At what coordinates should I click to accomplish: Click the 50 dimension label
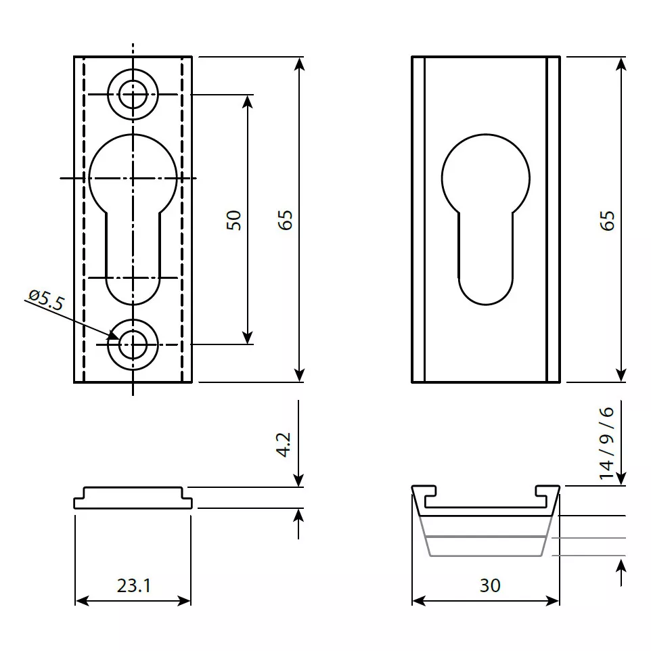pyautogui.click(x=234, y=220)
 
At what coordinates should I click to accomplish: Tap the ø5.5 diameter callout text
pyautogui.click(x=47, y=300)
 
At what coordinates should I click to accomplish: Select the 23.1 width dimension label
pyautogui.click(x=134, y=585)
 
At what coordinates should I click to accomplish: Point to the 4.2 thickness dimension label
pyautogui.click(x=284, y=445)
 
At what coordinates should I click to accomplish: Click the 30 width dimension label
pyautogui.click(x=490, y=585)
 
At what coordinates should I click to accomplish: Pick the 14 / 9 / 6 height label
pyautogui.click(x=606, y=443)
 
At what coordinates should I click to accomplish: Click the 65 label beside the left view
pyautogui.click(x=285, y=220)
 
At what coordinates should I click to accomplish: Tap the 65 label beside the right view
pyautogui.click(x=607, y=221)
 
